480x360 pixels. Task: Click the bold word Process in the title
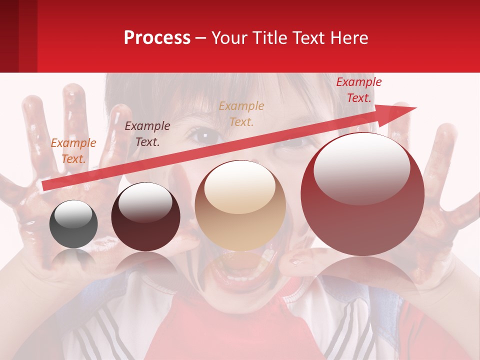[x=157, y=38]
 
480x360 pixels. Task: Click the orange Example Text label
[x=73, y=151]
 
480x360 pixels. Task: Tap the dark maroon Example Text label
[x=147, y=134]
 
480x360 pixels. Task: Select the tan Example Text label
[x=241, y=113]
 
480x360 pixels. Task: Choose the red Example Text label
[x=358, y=90]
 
